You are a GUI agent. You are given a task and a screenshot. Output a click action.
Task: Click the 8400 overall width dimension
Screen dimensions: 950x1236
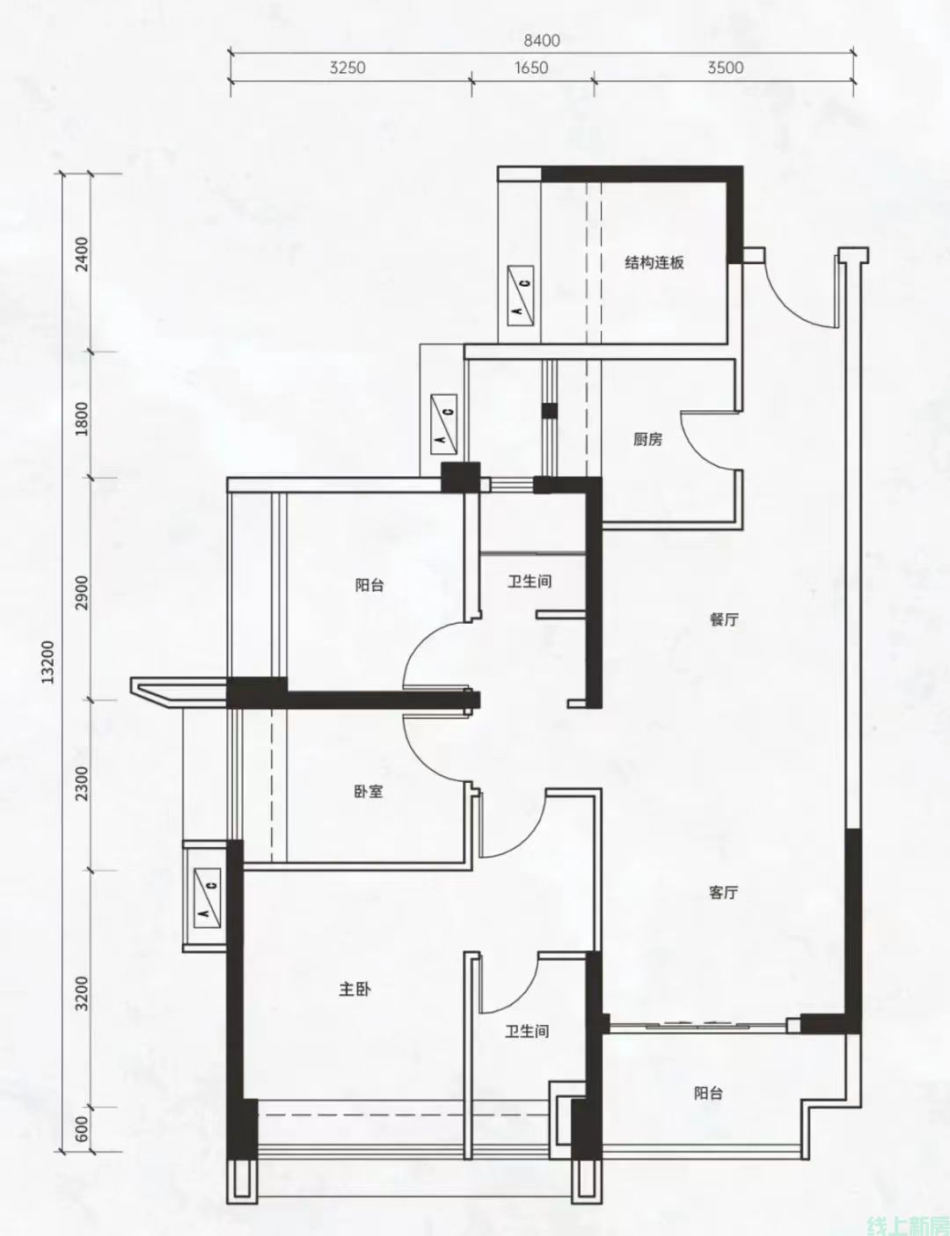point(541,40)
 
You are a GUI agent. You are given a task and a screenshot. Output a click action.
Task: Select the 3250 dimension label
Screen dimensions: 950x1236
point(347,68)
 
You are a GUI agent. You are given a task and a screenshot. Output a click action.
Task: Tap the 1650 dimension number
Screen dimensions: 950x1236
point(531,68)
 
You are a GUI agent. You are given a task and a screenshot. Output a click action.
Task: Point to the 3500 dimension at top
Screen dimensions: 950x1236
point(726,68)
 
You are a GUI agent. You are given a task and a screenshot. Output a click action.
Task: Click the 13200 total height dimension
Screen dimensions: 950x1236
point(48,662)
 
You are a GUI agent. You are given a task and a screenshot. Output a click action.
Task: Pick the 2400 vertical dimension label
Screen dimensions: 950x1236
point(83,254)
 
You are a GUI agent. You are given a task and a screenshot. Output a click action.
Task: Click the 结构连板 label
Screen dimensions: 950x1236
point(654,263)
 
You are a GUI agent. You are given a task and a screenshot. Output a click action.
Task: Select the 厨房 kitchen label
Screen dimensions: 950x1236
point(647,439)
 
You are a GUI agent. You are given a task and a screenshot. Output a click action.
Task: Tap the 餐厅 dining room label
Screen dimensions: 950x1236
point(724,619)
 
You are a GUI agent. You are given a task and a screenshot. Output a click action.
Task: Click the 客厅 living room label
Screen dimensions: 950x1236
point(723,892)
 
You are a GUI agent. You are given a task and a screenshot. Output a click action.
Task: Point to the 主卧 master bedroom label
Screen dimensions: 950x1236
point(354,990)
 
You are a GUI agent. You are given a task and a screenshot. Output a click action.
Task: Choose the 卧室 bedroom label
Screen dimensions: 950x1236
point(369,791)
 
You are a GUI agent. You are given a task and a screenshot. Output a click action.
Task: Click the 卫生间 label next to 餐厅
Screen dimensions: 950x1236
point(530,581)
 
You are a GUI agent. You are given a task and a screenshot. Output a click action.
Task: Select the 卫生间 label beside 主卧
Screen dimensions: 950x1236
point(527,1031)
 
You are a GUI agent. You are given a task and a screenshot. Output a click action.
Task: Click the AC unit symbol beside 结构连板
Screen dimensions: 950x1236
point(521,296)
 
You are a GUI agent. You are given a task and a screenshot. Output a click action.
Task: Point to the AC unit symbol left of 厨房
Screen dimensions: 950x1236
point(443,424)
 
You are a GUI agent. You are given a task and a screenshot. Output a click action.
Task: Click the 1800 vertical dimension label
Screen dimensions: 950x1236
point(83,419)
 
